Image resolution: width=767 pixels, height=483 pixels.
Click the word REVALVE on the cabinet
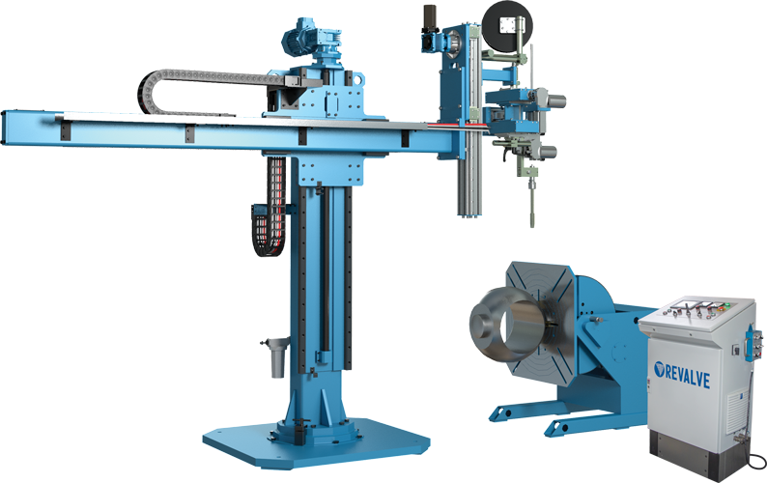(x=687, y=376)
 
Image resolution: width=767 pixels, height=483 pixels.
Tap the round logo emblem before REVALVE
(x=659, y=369)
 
